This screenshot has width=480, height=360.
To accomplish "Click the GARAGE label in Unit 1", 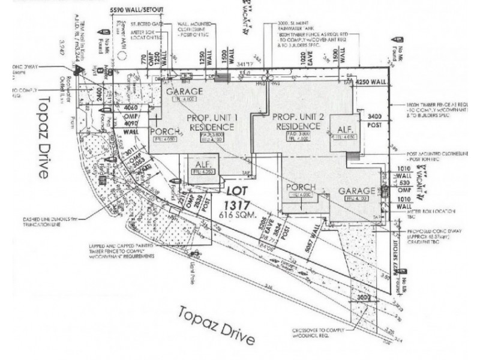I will pyautogui.click(x=185, y=91).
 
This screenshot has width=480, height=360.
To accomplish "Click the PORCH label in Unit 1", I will pyautogui.click(x=161, y=131).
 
